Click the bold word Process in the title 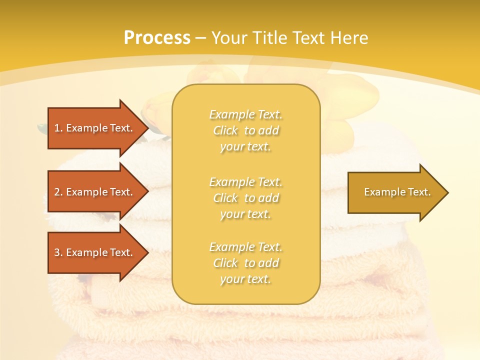click(157, 38)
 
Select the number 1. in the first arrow click(58, 128)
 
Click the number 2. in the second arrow click(58, 192)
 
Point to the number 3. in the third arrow click(58, 252)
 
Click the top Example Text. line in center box click(245, 114)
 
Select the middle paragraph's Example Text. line click(245, 181)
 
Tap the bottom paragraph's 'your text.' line click(245, 279)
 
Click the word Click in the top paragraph click(225, 130)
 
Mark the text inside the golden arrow click(397, 192)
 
